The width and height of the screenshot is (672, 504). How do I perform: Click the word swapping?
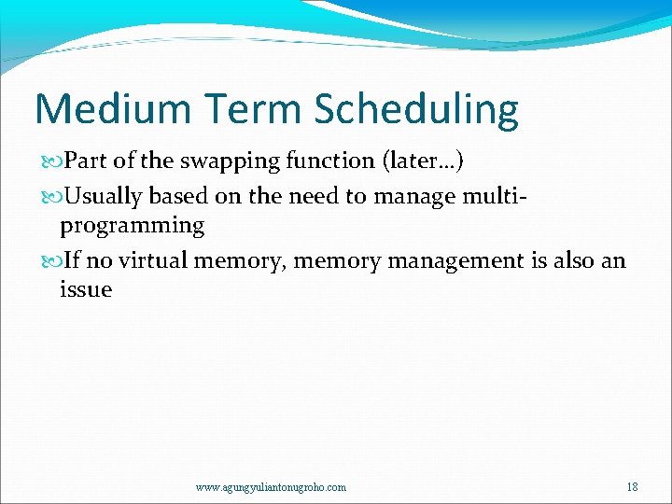[222, 161]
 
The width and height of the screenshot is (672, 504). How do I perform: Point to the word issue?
[85, 289]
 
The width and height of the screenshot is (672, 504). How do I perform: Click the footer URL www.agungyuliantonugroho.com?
[271, 487]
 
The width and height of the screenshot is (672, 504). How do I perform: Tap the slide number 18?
[632, 486]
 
